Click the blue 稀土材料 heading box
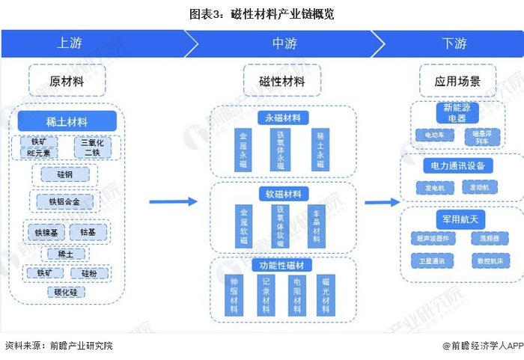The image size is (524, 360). [x=67, y=120]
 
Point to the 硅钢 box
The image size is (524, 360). [x=67, y=174]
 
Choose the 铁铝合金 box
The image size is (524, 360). [x=65, y=201]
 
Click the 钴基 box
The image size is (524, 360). [x=88, y=232]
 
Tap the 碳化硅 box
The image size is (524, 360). [x=67, y=292]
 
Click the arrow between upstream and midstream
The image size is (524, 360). [x=171, y=201]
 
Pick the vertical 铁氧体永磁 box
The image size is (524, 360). [x=281, y=150]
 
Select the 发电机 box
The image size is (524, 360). [x=434, y=187]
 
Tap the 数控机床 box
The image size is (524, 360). [x=489, y=260]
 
